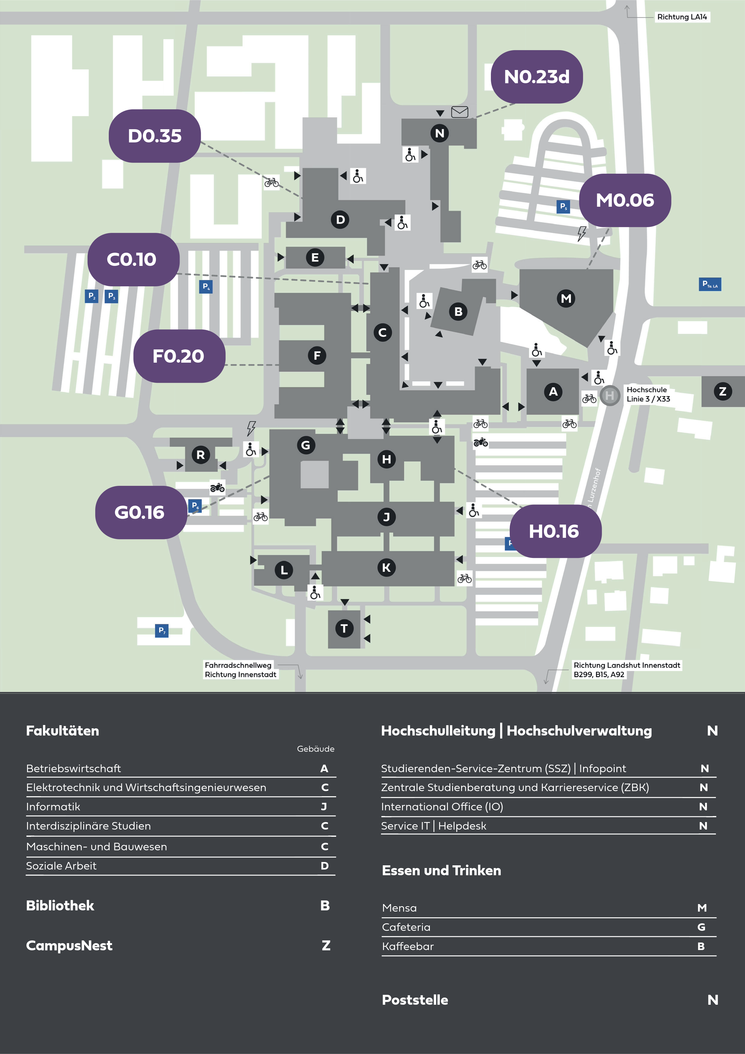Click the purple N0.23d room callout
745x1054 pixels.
[x=537, y=77]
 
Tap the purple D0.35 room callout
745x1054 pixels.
[x=155, y=136]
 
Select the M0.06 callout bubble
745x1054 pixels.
[x=625, y=200]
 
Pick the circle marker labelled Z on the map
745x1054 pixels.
[x=722, y=391]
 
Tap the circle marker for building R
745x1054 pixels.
[x=201, y=455]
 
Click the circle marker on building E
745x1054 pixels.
[x=315, y=257]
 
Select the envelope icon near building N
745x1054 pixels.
[x=460, y=112]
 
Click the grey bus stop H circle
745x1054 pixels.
[x=610, y=395]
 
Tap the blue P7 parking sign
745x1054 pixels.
[x=162, y=630]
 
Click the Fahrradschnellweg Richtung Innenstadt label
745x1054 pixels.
[x=241, y=670]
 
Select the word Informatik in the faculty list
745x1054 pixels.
[x=53, y=806]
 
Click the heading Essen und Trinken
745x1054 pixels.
[x=442, y=870]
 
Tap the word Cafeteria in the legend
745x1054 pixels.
[x=406, y=927]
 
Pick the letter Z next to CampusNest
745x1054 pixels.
[x=326, y=945]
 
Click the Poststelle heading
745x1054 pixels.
[x=415, y=1000]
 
